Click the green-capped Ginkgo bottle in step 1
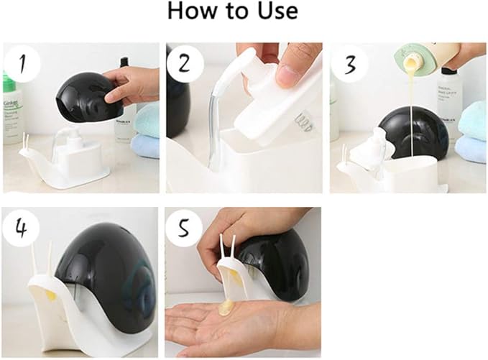[x=10, y=108]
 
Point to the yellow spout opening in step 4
[x=51, y=294]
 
